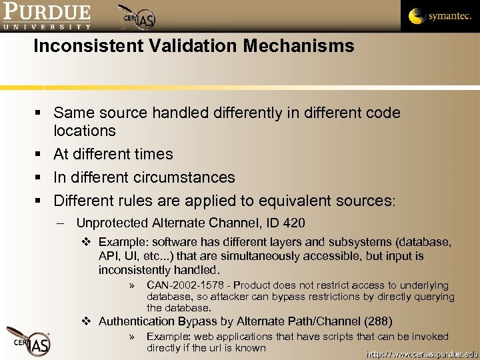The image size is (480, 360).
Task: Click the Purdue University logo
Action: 46,17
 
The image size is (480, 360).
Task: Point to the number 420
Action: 293,223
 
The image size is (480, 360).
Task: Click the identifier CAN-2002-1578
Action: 185,286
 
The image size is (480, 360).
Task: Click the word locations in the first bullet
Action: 85,131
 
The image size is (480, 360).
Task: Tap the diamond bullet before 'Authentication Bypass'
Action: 87,321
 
